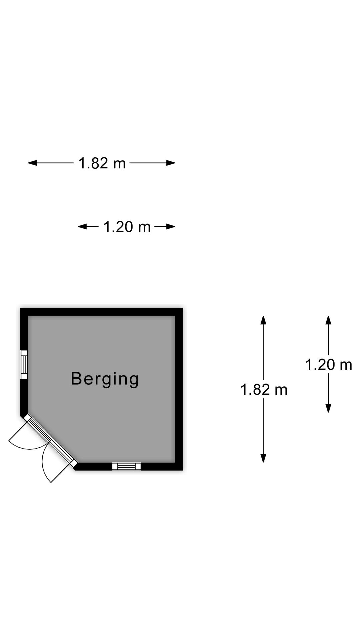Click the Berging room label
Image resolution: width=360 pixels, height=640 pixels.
pos(105,379)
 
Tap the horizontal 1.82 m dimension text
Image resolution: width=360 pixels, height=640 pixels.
pos(102,163)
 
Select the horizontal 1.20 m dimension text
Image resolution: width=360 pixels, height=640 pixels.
pos(127,227)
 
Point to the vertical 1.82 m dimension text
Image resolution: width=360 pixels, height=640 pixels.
pos(264,389)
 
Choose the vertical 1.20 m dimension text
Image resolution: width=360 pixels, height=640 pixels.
pos(329,364)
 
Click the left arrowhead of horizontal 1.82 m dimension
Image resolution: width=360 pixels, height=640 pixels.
pos(32,163)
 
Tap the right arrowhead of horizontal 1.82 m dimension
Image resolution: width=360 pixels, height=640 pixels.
pos(171,163)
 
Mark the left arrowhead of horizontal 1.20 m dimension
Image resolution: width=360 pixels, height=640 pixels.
pos(82,227)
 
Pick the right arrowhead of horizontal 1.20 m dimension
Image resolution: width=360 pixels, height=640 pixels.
pos(171,227)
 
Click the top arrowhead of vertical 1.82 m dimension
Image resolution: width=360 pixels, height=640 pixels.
pos(263,320)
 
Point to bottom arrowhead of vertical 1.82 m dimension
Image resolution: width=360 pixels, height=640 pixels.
pos(263,458)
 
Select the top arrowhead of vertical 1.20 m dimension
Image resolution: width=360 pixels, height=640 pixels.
pos(328,320)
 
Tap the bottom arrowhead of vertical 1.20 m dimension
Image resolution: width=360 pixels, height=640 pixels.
pos(328,408)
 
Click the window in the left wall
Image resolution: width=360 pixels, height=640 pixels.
pos(24,364)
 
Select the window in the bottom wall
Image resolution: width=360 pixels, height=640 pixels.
pos(126,466)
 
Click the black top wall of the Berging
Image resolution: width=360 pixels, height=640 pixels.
pos(101,312)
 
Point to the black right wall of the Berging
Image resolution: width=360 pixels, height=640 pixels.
pos(179,389)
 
